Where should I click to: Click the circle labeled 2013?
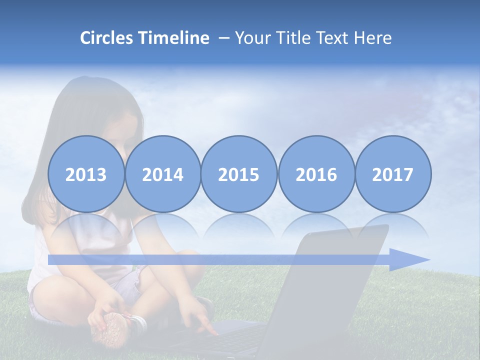(86, 174)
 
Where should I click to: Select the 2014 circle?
(163, 174)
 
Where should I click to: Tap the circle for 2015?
(239, 174)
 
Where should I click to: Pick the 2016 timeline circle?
(316, 174)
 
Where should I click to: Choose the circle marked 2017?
(393, 174)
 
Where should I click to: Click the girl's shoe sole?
(111, 328)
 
